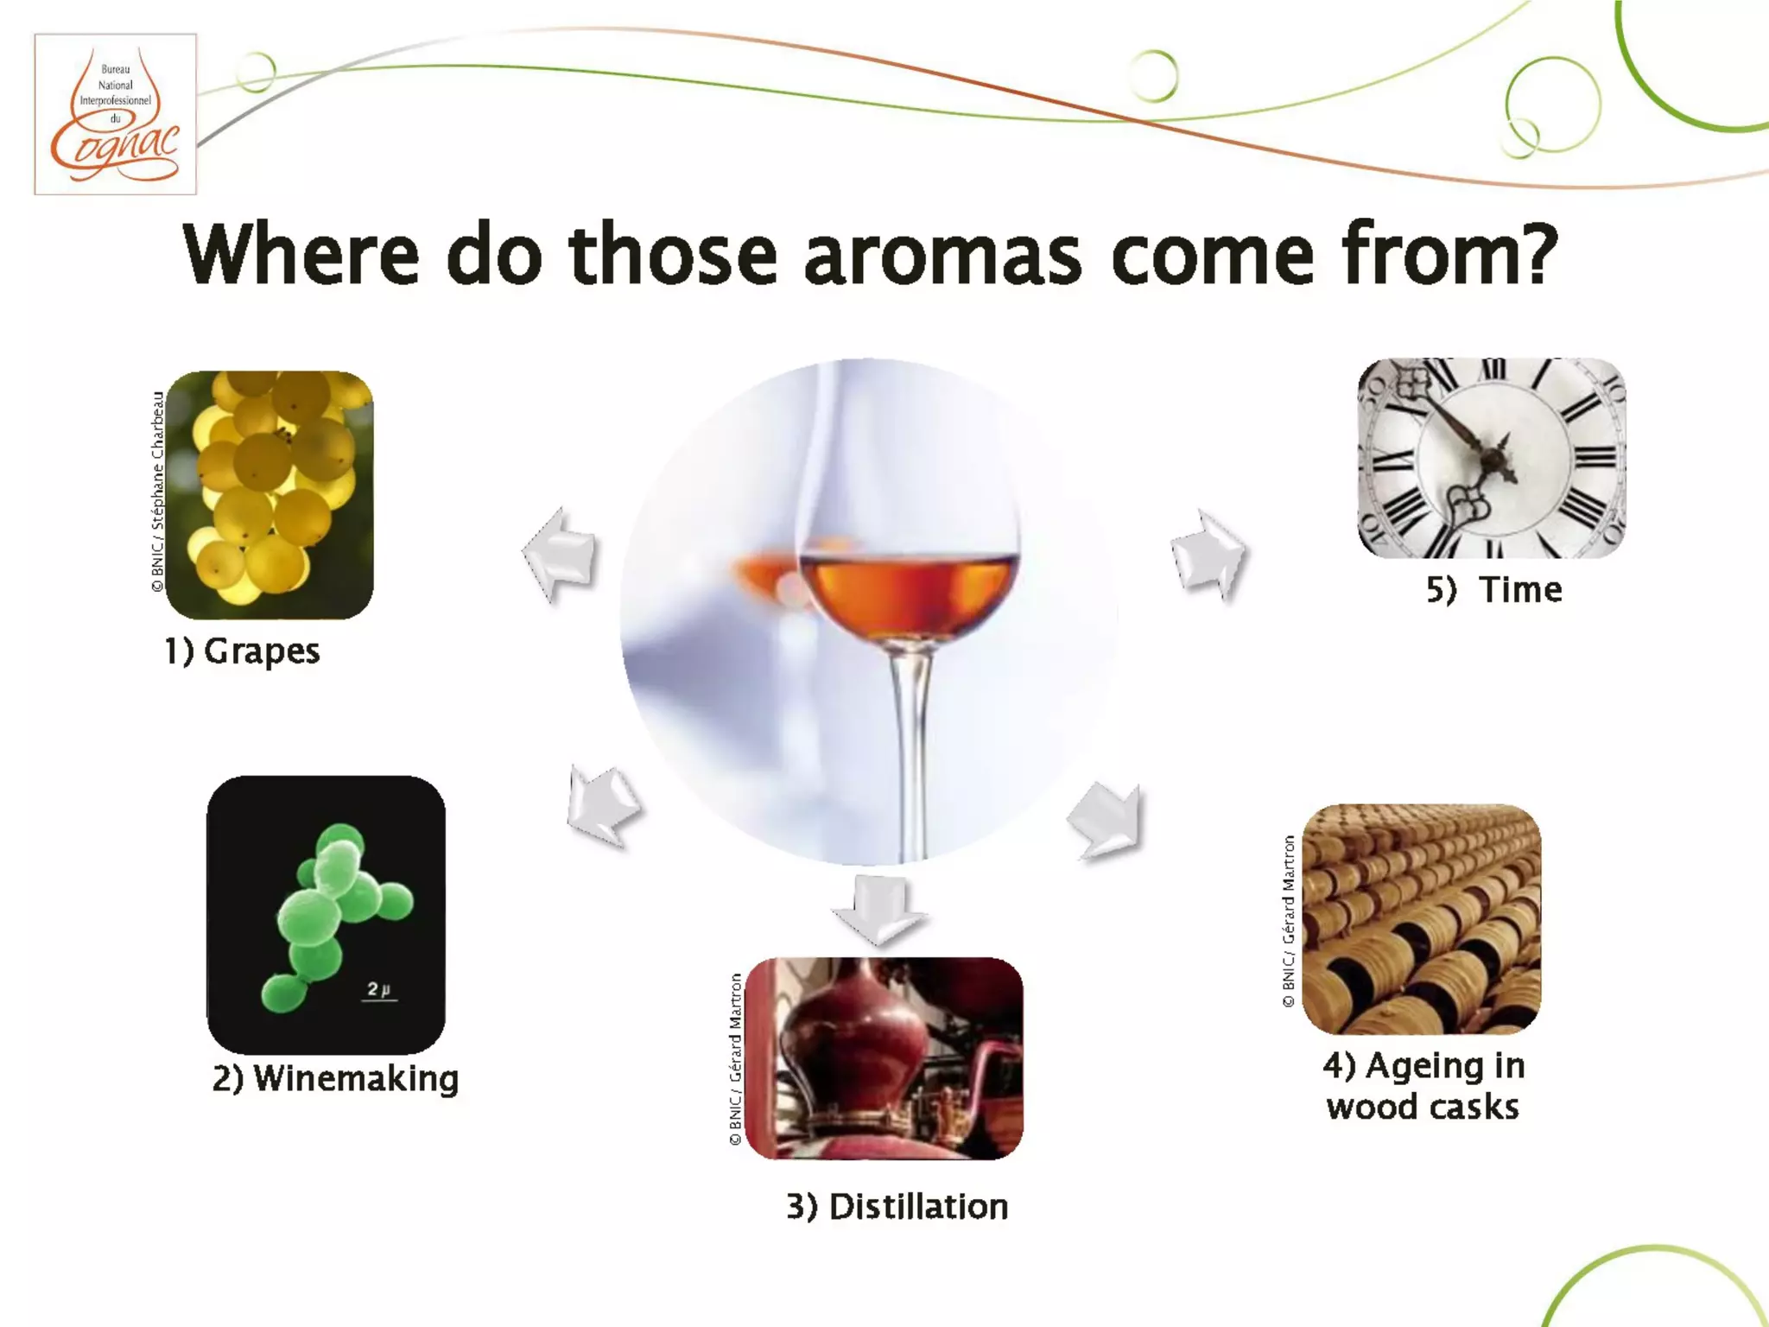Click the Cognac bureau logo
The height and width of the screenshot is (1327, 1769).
115,114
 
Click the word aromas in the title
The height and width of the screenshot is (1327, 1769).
942,255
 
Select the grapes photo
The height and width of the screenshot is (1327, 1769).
269,494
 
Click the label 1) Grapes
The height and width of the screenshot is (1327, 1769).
242,651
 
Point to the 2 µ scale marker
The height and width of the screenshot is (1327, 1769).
379,990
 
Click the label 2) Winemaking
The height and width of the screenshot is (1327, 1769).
335,1079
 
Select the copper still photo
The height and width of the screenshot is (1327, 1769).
884,1057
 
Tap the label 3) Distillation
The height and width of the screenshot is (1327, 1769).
897,1207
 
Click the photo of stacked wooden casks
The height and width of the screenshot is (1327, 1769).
1421,918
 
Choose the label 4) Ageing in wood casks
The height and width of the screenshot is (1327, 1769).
1423,1086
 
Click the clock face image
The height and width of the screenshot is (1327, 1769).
1492,458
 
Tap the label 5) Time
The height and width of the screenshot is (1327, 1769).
1493,590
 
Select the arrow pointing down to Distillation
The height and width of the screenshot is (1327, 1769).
879,909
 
